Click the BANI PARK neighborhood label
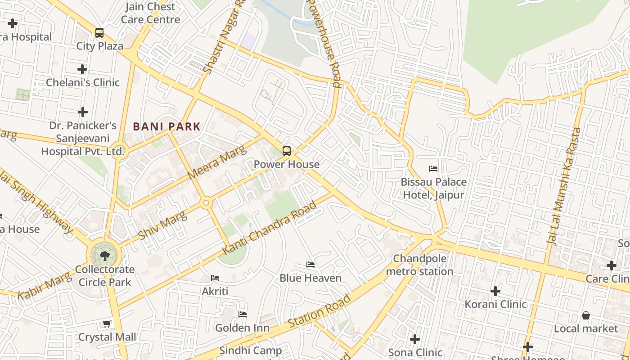[x=166, y=127]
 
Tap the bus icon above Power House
[x=287, y=151]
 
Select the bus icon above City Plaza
[x=99, y=33]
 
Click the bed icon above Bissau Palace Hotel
[x=433, y=169]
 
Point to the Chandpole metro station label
[x=419, y=265]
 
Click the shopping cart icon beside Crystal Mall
[x=107, y=324]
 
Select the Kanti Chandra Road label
[x=270, y=227]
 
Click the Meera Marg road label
[x=217, y=162]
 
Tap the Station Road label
[x=319, y=311]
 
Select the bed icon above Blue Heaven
[x=310, y=265]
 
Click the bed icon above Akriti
[x=215, y=278]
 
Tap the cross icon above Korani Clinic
[x=495, y=291]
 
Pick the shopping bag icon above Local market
[x=586, y=315]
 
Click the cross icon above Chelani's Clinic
[x=82, y=69]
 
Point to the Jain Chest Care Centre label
[x=150, y=13]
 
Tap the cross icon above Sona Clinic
[x=415, y=339]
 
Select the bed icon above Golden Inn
[x=243, y=315]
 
